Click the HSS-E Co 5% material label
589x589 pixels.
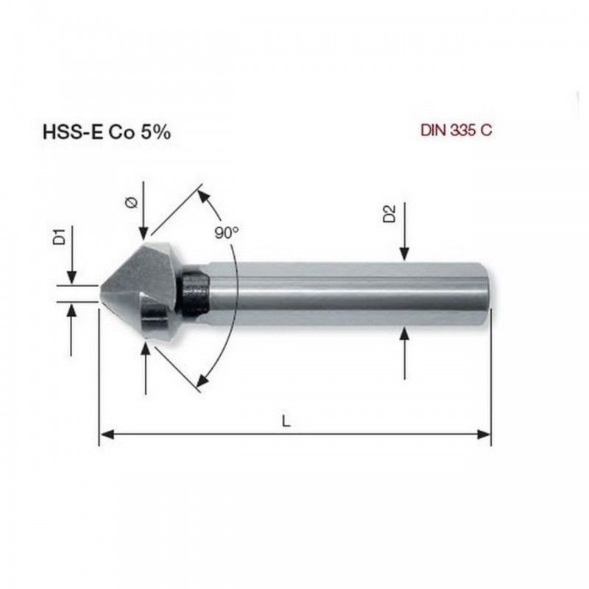coord(107,133)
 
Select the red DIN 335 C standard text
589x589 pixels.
coord(456,130)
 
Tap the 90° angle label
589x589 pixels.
coord(227,233)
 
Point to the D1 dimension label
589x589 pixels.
coord(60,236)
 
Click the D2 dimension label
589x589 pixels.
coord(389,214)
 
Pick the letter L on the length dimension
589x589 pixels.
coord(286,421)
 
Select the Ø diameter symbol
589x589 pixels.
coord(132,202)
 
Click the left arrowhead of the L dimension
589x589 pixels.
coord(107,434)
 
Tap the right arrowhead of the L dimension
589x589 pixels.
coord(484,434)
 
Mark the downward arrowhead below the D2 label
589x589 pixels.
coord(404,254)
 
